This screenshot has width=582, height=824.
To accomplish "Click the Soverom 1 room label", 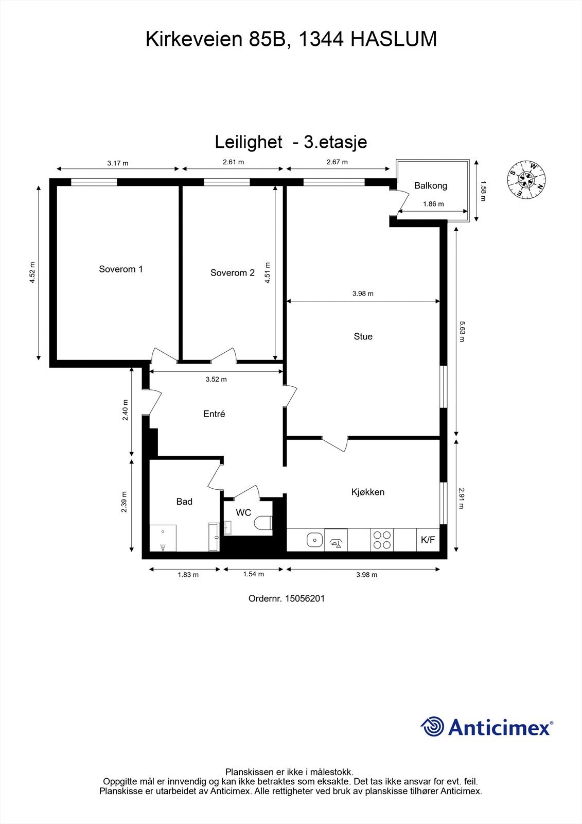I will [x=121, y=269].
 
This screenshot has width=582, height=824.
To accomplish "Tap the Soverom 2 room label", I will [x=232, y=273].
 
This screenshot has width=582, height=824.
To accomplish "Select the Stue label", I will [x=363, y=336].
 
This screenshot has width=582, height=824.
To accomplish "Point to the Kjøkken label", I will [x=367, y=492].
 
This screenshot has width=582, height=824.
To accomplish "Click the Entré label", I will [x=214, y=414].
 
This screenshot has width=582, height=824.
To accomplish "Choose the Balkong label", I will [x=431, y=185].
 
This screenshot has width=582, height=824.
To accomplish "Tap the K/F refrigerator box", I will [x=428, y=540].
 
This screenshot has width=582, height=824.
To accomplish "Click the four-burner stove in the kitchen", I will [x=382, y=540].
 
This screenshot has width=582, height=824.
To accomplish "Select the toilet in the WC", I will [x=263, y=522].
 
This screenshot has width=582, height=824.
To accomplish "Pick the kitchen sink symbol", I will [x=314, y=540].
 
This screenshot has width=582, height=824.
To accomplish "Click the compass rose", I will [x=526, y=180].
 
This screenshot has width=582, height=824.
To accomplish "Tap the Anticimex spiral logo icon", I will [x=432, y=727].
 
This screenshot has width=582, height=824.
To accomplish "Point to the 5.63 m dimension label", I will [x=462, y=332].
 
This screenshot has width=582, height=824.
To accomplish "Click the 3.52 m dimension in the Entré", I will [x=216, y=380].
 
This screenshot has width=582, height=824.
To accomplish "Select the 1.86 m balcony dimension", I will [x=433, y=204].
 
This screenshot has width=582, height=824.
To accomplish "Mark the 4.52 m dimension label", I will [x=32, y=272].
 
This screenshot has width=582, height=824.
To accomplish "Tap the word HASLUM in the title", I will [x=394, y=39].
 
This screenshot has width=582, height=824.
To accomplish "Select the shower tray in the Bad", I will [x=163, y=538].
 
